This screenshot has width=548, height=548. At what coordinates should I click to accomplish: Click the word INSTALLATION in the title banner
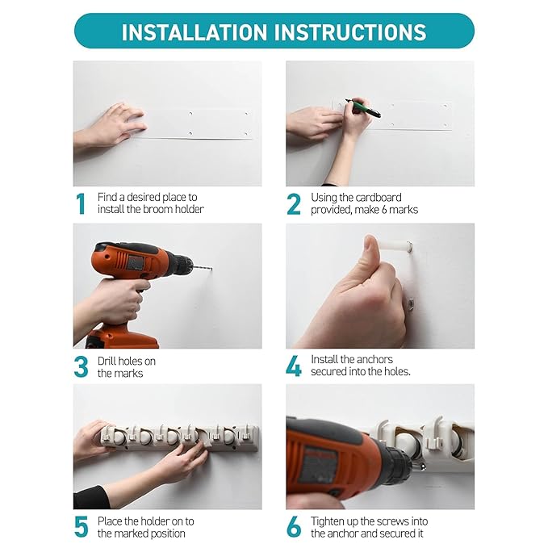click(195, 32)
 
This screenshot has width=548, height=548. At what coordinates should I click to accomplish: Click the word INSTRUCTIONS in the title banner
click(349, 32)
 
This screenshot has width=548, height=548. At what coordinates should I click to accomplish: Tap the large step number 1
click(81, 203)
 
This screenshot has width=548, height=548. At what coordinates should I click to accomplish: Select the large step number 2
click(293, 204)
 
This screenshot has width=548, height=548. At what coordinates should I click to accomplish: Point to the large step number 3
click(81, 366)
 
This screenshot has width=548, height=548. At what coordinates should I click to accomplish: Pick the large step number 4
click(294, 366)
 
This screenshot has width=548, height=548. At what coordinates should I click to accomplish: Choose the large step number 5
click(81, 527)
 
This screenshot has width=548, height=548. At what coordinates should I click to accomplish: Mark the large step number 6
click(294, 527)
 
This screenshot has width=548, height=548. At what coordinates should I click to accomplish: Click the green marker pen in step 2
click(363, 107)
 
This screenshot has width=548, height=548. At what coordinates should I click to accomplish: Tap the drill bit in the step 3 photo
click(202, 268)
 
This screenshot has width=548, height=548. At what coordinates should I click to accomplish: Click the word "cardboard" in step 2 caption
click(379, 198)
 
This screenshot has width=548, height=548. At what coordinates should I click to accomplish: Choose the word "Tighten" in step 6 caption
click(329, 521)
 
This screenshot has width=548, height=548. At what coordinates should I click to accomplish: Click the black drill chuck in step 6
click(399, 462)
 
